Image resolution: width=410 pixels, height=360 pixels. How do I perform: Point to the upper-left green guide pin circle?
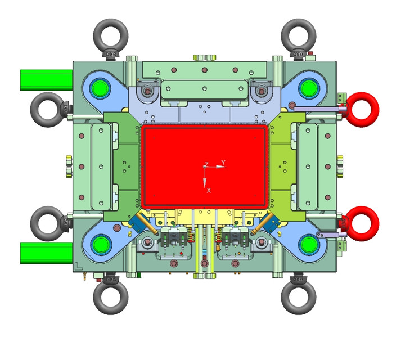point(101,87)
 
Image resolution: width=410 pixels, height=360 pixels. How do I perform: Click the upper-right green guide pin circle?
point(309,87)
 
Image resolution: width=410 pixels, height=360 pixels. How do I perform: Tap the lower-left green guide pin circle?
point(101,244)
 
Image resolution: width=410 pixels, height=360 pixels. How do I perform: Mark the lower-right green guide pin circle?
point(309,244)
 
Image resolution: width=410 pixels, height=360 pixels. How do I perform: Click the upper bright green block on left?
point(46,80)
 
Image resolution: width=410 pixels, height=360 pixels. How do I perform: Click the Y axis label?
point(223,162)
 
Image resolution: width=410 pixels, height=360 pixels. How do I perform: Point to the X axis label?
point(209,191)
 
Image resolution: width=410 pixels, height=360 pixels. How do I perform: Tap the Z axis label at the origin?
point(206,164)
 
